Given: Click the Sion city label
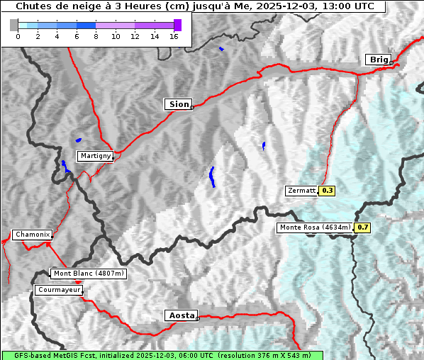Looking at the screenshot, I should point(179,104).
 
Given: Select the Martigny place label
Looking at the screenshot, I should point(95,155).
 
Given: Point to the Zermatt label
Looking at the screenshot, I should point(301,191).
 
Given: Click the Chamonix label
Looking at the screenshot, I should point(32,235).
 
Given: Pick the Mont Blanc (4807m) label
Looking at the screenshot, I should point(89,273).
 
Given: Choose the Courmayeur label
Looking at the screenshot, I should point(59,290).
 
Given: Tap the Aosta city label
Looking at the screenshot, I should point(181,315).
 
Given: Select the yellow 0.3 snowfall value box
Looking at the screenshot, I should point(328,191).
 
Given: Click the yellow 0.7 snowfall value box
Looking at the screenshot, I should point(362,227).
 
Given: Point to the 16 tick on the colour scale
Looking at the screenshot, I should point(174,36).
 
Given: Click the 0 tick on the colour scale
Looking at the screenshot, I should point(18,36).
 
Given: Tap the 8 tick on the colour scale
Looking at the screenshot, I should point(96,36).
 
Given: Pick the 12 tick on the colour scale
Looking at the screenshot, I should point(135,36).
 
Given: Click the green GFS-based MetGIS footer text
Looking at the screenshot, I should point(162,355).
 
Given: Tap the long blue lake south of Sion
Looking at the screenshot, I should point(212,176).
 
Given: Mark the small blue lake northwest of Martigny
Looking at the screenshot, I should point(78,140).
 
